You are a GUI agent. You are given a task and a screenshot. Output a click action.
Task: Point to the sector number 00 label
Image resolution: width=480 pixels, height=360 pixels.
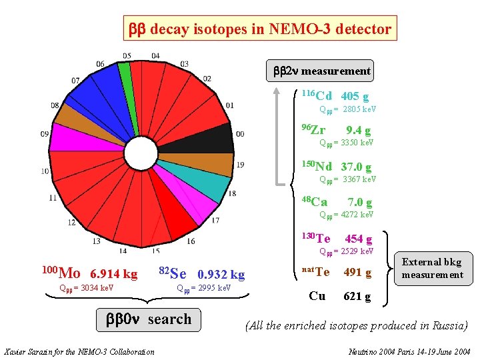point(240,134)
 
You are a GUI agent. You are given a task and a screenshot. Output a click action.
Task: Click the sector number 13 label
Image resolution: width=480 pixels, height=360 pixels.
point(96,241)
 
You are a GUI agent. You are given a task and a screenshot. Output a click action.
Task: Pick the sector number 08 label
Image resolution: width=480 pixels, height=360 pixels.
point(54,105)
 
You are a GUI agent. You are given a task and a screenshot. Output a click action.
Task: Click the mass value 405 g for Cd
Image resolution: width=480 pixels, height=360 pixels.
point(355,97)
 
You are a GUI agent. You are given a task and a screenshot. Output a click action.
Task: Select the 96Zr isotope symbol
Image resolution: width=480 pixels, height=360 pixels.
point(313,129)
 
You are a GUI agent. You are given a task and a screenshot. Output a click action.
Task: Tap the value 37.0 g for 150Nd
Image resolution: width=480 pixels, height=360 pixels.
point(356,167)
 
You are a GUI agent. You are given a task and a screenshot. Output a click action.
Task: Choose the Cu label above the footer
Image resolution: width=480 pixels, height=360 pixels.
point(317,296)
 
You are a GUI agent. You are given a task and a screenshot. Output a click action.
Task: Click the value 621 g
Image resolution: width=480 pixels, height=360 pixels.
point(357,297)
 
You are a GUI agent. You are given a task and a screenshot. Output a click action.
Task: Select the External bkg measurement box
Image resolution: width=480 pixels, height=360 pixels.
point(432,268)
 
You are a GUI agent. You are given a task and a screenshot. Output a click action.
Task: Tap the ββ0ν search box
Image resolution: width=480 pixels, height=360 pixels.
point(149,319)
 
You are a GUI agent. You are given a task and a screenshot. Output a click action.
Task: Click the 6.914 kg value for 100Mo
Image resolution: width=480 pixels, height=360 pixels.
point(113,274)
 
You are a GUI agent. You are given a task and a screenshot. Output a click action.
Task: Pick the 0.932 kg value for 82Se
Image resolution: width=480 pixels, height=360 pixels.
point(221,274)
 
